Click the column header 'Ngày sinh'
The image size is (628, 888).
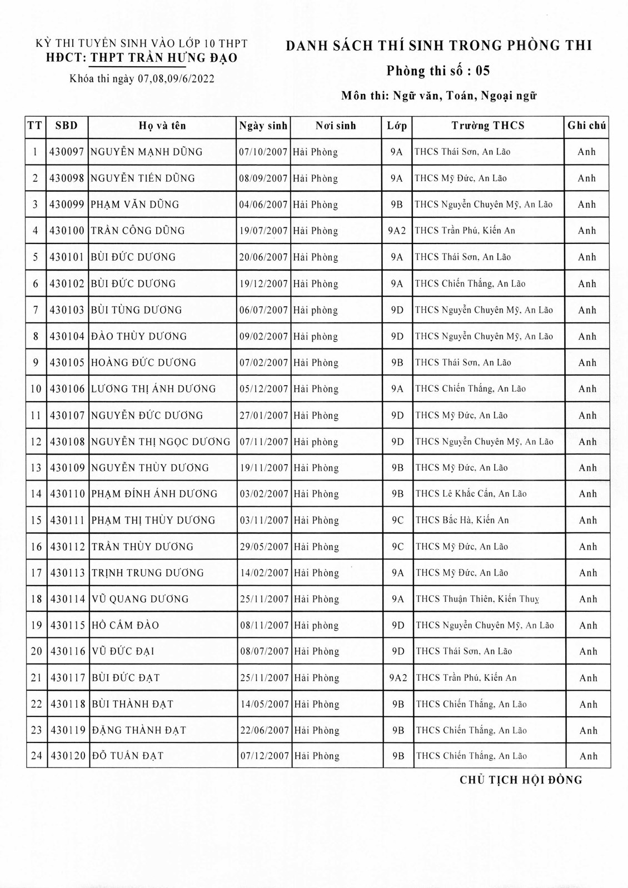tap(263, 126)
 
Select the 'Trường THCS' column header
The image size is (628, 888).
tap(488, 126)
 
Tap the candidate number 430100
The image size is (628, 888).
tap(67, 231)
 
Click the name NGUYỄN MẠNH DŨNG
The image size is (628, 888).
tap(147, 152)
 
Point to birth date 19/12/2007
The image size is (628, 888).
tap(263, 284)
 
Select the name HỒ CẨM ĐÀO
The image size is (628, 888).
tap(125, 625)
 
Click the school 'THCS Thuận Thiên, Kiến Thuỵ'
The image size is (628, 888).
tap(477, 599)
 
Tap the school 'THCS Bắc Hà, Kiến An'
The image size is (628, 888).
tap(462, 520)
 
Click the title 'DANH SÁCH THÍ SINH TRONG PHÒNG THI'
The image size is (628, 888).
tap(439, 46)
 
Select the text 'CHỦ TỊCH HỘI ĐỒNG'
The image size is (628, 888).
tap(521, 780)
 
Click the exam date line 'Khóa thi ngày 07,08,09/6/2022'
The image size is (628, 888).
tap(142, 78)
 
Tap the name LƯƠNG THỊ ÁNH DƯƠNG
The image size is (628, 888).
tap(153, 389)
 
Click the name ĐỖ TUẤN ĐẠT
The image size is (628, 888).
tap(127, 756)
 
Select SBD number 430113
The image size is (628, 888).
tap(67, 573)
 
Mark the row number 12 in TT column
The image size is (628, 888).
tap(36, 442)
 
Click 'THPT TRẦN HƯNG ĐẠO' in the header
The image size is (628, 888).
tap(164, 58)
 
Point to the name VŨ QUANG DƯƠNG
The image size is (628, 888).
tap(140, 599)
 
